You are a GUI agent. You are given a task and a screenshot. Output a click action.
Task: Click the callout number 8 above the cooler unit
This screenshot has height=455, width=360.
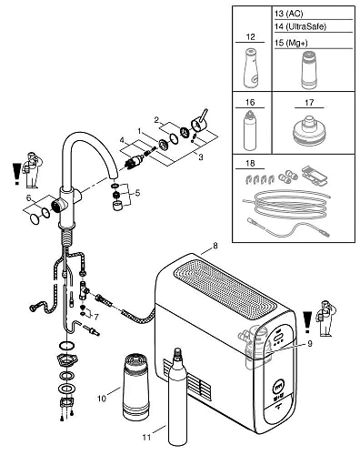tap(215, 246)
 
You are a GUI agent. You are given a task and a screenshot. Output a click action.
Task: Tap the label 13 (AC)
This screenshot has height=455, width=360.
tap(288, 14)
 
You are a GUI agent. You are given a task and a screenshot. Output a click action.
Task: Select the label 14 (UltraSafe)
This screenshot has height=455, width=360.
tap(300, 26)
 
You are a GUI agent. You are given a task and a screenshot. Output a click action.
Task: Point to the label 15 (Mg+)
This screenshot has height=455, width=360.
tap(291, 43)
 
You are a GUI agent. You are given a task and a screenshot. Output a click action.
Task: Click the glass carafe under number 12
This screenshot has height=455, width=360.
tap(251, 67)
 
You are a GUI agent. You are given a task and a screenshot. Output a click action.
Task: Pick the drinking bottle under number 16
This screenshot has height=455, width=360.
tap(250, 131)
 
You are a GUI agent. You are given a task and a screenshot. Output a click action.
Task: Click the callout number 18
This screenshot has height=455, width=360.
tap(250, 164)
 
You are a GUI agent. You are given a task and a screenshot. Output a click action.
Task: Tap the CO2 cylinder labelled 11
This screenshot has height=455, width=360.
tap(177, 400)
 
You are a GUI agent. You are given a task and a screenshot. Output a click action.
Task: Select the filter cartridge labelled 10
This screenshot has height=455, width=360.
tap(135, 387)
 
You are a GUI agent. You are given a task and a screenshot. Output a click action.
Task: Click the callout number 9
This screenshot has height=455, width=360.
tap(309, 343)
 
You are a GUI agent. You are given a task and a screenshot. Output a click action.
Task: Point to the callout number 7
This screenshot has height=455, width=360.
tap(96, 317)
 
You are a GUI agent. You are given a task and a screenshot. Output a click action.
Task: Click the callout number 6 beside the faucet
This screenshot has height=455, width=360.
tap(29, 198)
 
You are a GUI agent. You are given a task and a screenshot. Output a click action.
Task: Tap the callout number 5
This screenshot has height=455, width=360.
tap(137, 193)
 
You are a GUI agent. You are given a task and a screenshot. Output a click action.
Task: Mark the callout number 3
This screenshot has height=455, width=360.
tap(201, 157)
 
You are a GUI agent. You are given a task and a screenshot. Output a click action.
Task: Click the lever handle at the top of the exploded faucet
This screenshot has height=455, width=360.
tap(198, 121)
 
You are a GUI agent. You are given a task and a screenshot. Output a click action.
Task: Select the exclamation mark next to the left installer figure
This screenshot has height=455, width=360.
tap(16, 173)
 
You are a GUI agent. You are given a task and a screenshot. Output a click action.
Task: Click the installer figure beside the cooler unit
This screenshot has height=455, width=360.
tap(326, 318)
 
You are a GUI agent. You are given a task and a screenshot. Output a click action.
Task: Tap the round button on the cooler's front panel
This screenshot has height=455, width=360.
tap(278, 387)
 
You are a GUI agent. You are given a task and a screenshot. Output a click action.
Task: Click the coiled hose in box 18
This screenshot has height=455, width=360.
tap(286, 203)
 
